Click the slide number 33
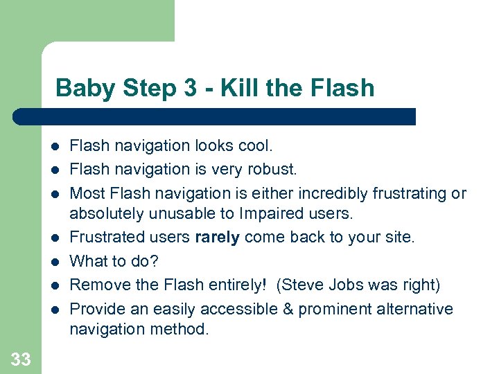(20, 359)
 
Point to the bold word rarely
(218, 238)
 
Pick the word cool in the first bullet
(255, 145)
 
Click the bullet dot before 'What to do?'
(53, 262)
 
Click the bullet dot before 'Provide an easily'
(53, 310)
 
